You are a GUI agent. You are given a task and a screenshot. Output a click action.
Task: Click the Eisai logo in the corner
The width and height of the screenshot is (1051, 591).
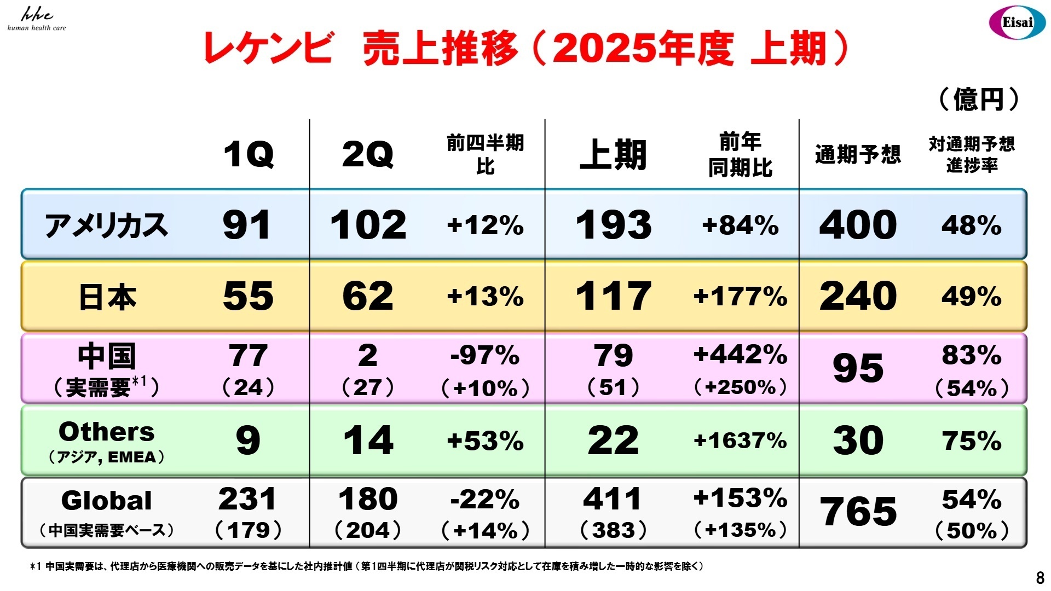point(1017,22)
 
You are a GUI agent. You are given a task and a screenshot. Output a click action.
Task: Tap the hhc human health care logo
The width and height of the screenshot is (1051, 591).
point(37,20)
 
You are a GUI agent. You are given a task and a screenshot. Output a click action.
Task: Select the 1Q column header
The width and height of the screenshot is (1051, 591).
point(249,154)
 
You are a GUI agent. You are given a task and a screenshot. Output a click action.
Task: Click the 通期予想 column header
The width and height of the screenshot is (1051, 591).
point(858,155)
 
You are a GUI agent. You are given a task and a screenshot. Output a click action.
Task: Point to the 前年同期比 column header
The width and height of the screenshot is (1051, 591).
point(740,155)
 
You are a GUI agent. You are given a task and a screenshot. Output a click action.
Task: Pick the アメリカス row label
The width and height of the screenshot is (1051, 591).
point(106,225)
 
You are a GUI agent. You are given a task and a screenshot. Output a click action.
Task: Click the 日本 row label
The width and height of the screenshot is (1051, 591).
point(107,297)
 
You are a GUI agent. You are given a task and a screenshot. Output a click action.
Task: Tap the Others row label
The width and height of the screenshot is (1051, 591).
point(107,432)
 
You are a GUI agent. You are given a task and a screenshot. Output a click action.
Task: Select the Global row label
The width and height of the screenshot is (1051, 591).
point(107,501)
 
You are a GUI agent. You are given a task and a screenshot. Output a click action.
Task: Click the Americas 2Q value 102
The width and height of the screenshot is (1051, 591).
point(368,225)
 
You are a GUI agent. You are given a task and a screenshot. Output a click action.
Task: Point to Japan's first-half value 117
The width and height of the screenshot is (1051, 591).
point(613,296)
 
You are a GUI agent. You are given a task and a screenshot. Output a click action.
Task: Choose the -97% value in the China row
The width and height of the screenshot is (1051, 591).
point(485,356)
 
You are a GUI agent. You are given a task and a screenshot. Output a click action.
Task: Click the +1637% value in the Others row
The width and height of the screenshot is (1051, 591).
point(740,441)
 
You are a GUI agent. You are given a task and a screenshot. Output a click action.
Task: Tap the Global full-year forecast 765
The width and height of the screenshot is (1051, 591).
point(858,512)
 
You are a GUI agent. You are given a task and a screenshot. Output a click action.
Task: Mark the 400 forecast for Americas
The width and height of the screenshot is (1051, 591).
point(858,225)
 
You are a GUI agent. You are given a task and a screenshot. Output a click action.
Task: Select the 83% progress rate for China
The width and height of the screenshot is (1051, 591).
point(972,356)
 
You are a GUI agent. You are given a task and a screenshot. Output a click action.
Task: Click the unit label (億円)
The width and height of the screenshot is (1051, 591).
point(979,100)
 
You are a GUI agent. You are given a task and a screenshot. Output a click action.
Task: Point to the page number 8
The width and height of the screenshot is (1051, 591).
point(1040,578)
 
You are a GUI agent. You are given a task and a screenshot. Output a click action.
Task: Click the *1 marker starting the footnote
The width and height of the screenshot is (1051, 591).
point(35,566)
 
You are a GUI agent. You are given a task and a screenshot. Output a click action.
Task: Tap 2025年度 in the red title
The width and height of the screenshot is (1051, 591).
point(643,48)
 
